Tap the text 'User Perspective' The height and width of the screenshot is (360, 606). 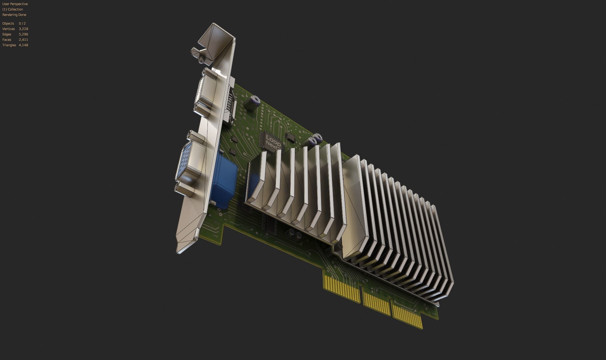pos(15,4)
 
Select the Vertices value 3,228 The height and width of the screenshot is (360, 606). pos(23,29)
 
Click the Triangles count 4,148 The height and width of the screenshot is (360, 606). pos(23,45)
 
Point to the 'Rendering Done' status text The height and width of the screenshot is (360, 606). pos(14,15)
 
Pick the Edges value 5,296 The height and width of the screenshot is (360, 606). pos(23,34)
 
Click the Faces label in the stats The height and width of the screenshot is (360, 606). pos(7,40)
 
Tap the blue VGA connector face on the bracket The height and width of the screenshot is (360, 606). pos(187,162)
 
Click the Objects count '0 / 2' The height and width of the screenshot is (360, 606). pos(22,23)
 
